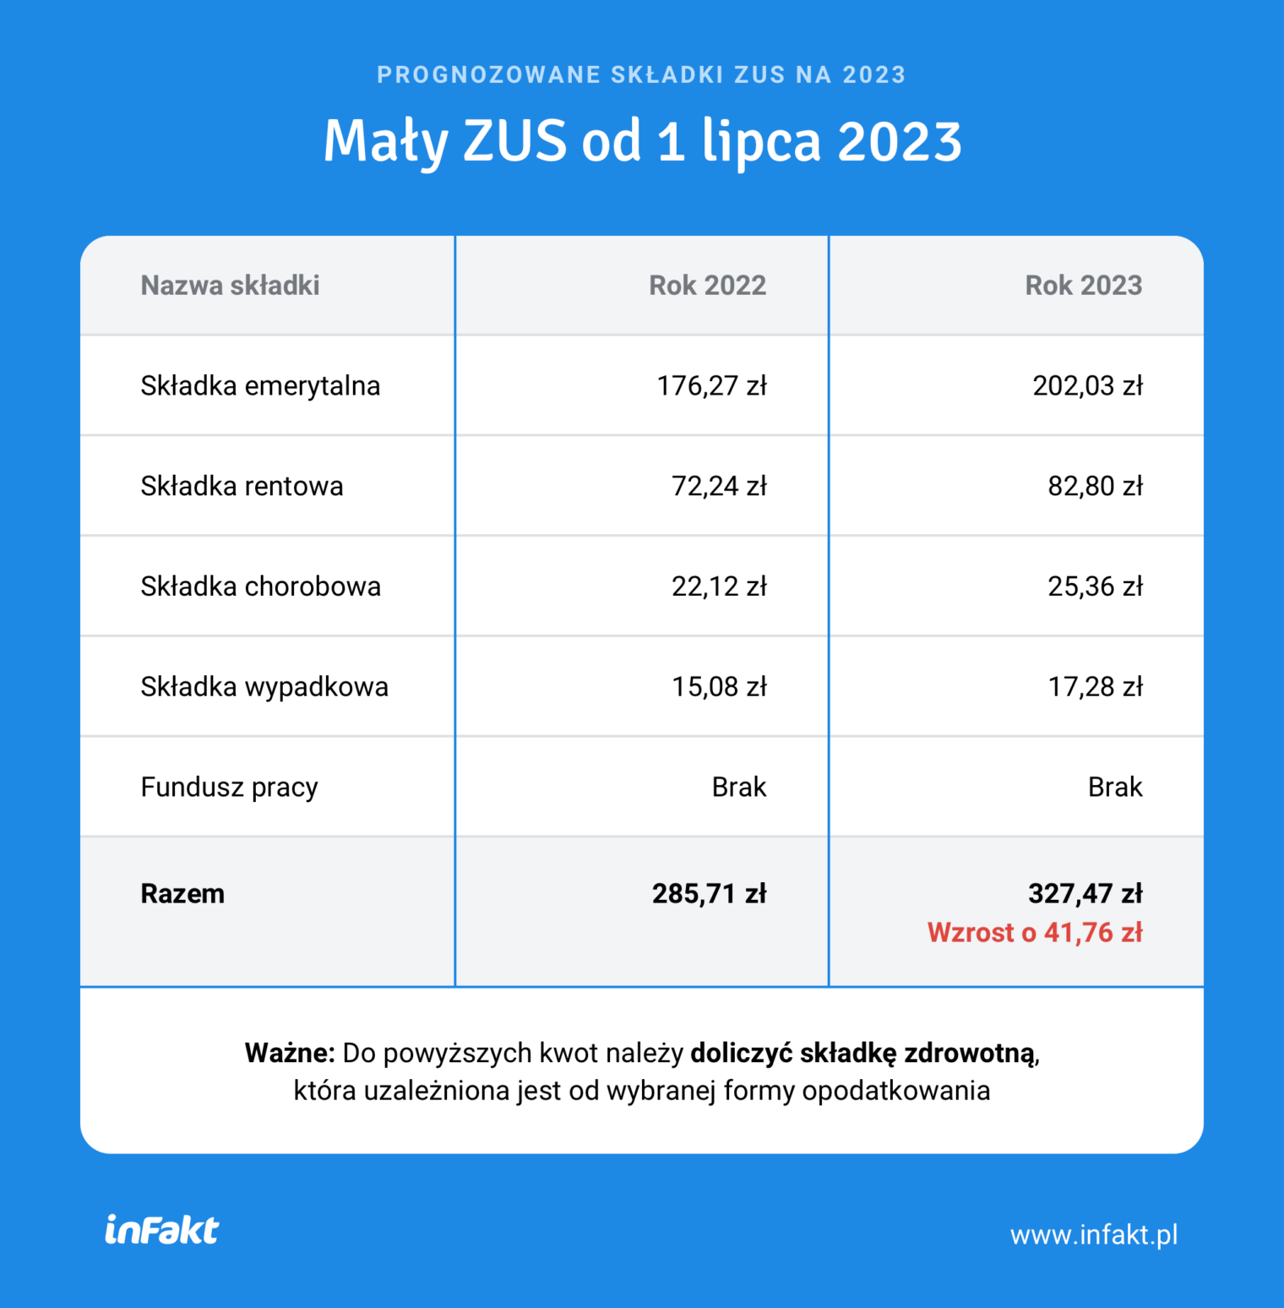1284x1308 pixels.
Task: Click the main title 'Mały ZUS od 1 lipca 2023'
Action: pyautogui.click(x=642, y=141)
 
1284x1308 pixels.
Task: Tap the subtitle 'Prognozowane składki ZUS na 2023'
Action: pyautogui.click(x=642, y=75)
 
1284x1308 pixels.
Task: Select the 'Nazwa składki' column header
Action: pyautogui.click(x=230, y=286)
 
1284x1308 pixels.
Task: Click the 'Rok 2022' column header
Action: pyautogui.click(x=707, y=286)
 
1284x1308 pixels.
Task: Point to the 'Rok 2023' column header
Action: pyautogui.click(x=1083, y=286)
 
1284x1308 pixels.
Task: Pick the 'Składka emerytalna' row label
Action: pyautogui.click(x=260, y=386)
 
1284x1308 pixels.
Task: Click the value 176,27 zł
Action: pyautogui.click(x=711, y=386)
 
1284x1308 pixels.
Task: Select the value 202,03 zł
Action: pyautogui.click(x=1087, y=386)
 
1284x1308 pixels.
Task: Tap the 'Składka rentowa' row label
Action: pyautogui.click(x=242, y=487)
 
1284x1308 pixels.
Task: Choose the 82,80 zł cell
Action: pyautogui.click(x=1095, y=487)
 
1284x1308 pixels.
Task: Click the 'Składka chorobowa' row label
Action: pyautogui.click(x=260, y=586)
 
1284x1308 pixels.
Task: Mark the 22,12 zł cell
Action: pyautogui.click(x=719, y=586)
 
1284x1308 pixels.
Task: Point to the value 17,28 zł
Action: pyautogui.click(x=1095, y=687)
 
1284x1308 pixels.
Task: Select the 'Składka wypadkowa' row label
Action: pyautogui.click(x=264, y=687)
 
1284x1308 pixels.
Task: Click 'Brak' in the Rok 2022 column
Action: pyautogui.click(x=738, y=788)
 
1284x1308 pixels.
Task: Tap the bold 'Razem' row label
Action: pyautogui.click(x=182, y=894)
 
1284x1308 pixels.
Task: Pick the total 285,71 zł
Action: pyautogui.click(x=709, y=894)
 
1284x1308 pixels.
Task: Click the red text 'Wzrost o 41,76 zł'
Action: pyautogui.click(x=1035, y=933)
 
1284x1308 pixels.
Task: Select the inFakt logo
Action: pyautogui.click(x=161, y=1230)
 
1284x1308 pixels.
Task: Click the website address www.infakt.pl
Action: pyautogui.click(x=1094, y=1235)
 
